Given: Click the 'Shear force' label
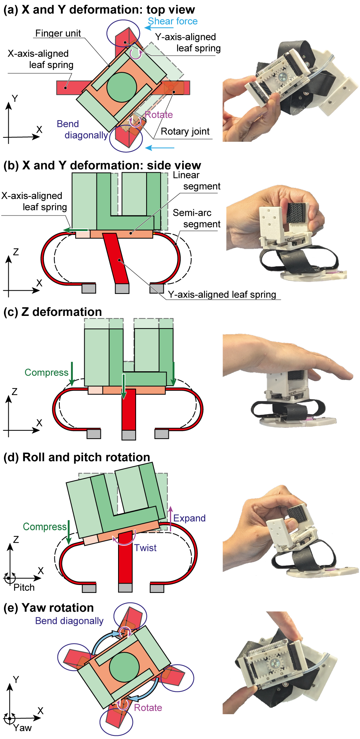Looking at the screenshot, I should click(172, 21).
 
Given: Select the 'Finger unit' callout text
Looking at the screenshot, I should click(58, 33).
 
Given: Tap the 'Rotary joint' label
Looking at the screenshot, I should click(185, 132).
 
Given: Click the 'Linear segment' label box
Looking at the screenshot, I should click(196, 181).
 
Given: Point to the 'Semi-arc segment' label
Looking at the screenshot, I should click(196, 218).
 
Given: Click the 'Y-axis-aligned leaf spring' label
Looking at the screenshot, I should click(222, 295).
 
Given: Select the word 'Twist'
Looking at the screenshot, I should click(145, 548).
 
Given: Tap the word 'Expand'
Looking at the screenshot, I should click(189, 518).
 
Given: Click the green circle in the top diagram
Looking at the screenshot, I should click(122, 87).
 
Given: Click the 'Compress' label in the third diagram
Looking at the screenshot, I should click(46, 373).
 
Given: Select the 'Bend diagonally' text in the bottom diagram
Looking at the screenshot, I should click(69, 621).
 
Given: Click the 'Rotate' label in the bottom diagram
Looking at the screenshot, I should click(148, 708).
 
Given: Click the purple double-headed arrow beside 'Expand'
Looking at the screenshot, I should click(171, 518).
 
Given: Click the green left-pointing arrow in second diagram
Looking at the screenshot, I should click(75, 230).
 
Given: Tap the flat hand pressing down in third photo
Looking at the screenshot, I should click(288, 356).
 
